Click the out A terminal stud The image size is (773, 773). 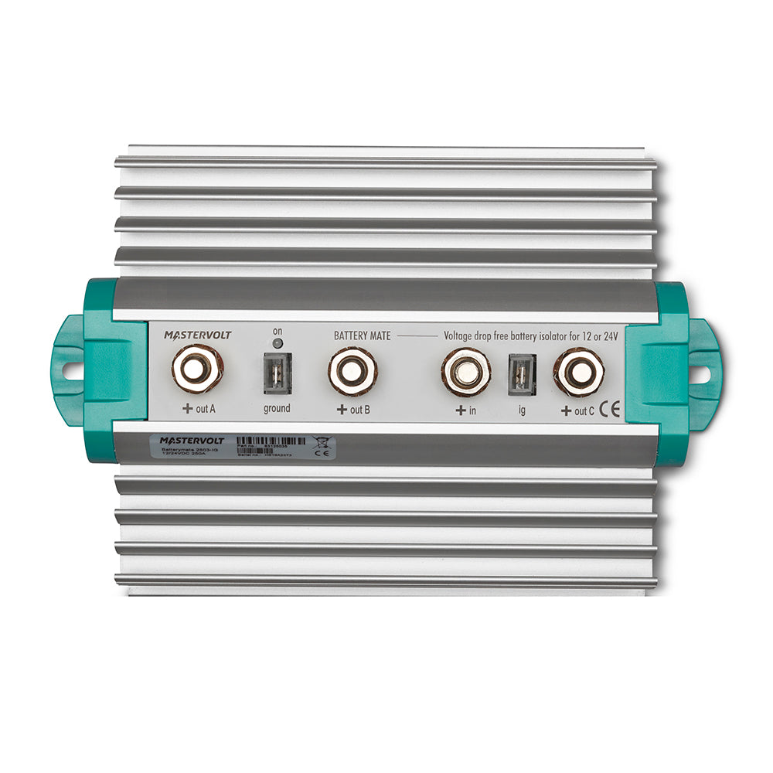click(x=198, y=369)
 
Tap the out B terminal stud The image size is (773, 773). click(x=352, y=370)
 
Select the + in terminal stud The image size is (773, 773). click(x=466, y=372)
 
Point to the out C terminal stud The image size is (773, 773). click(x=578, y=372)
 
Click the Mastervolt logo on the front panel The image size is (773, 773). click(x=197, y=335)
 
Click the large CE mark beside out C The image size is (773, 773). click(x=611, y=410)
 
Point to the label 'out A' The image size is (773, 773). click(x=198, y=409)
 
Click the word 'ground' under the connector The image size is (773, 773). click(x=276, y=408)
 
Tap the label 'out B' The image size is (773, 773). click(x=353, y=410)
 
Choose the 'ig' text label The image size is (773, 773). click(x=522, y=410)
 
